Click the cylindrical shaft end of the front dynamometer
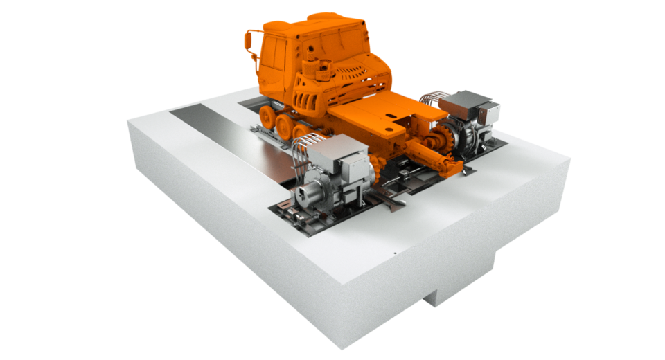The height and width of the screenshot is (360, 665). point(305,197)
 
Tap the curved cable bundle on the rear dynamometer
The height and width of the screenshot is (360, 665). point(437,100)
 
